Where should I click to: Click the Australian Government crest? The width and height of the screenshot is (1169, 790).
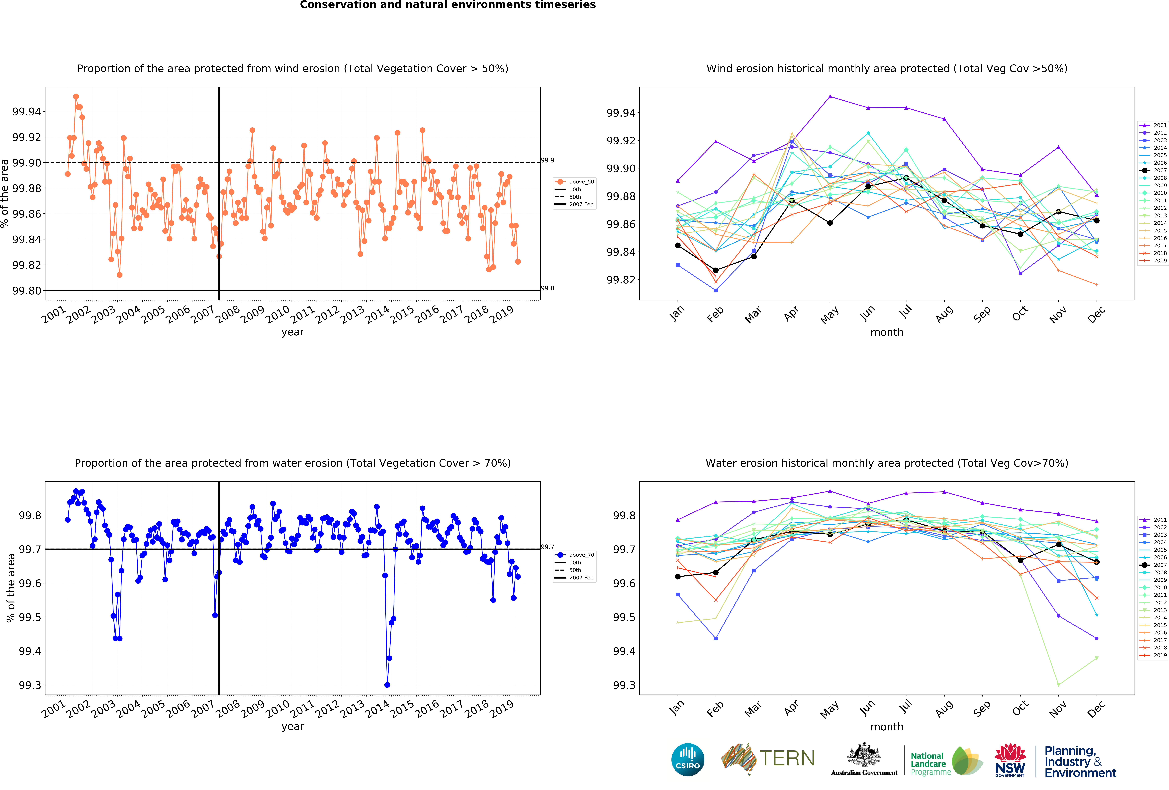pos(864,755)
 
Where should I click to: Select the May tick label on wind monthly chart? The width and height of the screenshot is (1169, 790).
pos(829,315)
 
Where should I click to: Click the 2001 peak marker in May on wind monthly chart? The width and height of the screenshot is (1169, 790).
pos(830,97)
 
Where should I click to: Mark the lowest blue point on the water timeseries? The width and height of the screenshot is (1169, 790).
pos(387,685)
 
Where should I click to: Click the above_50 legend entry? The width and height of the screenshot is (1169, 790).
pos(574,182)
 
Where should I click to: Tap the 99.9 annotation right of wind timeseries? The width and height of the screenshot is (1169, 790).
pos(547,161)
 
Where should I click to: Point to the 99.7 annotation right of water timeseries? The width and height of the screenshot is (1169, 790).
pos(547,547)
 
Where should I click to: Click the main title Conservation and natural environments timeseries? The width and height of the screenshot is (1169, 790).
pos(448,5)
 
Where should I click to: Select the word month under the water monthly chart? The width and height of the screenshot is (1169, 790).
pos(887,727)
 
